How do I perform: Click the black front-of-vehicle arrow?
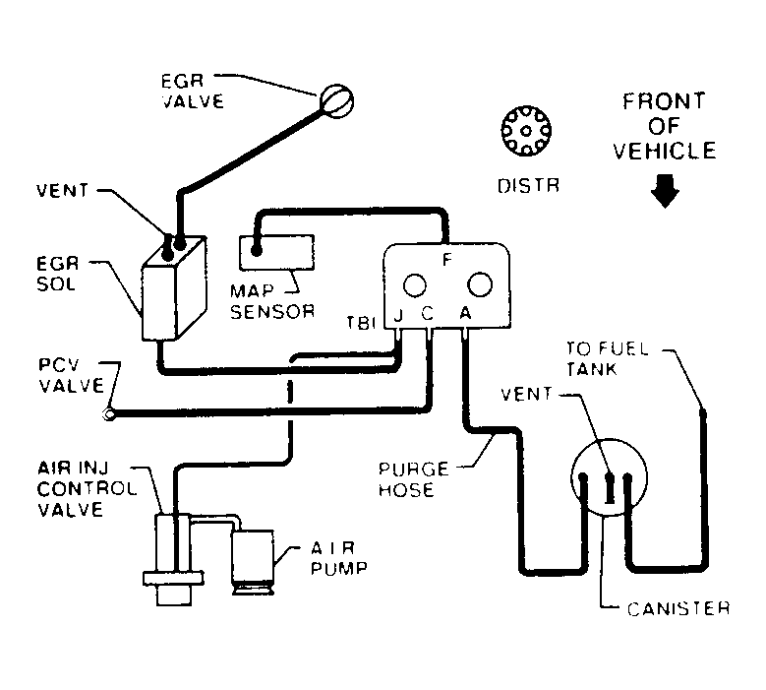click(x=665, y=190)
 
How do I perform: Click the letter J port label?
click(x=397, y=317)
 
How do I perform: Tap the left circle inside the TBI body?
click(x=415, y=285)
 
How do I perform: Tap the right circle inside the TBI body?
click(x=480, y=285)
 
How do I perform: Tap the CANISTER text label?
click(x=678, y=607)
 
